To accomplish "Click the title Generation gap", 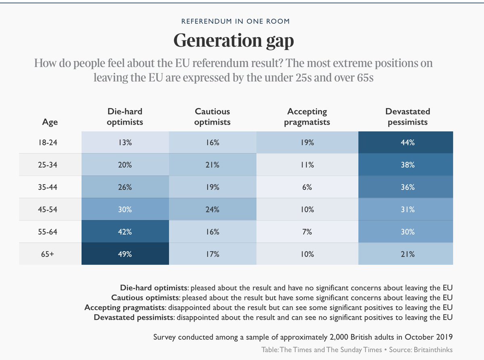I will coord(234,40).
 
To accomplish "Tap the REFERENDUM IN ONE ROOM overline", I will coord(235,21).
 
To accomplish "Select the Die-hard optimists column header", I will coord(125,117).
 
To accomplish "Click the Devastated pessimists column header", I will coord(407,117).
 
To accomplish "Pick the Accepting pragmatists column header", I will coord(307,117).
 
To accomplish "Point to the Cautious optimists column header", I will coord(212,117).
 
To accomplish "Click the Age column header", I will coord(50,122).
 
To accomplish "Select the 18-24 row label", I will coord(50,143).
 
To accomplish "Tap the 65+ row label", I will coord(50,254).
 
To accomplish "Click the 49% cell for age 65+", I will coord(125,254).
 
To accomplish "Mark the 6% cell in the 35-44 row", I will coord(307,187).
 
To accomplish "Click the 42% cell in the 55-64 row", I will coord(125,232).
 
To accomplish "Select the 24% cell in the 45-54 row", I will coord(212,210).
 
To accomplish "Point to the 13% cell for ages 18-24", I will coord(125,143).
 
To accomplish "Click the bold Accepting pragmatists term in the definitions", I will coord(125,308).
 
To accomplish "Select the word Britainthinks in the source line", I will coord(436,350).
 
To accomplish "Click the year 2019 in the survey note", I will coord(444,337).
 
